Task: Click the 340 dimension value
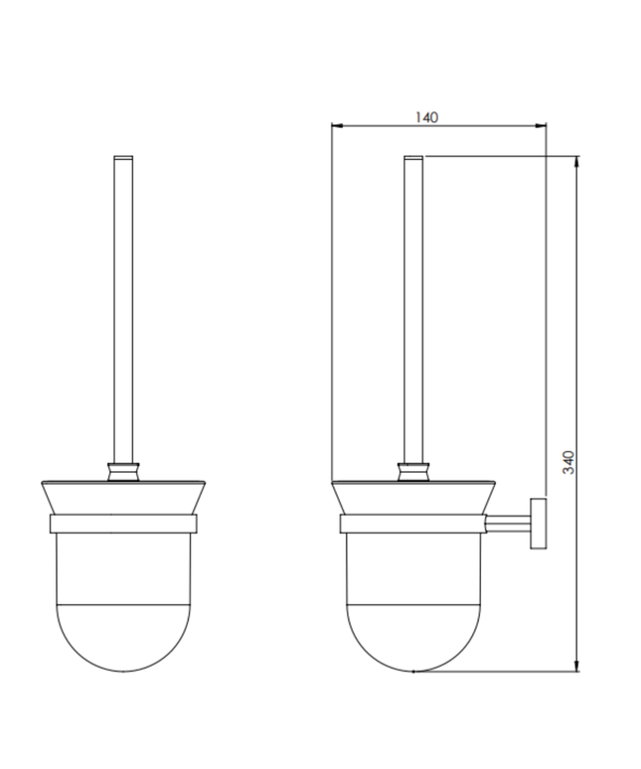pos(568,462)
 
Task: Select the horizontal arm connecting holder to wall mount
pos(508,522)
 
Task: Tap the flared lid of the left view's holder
pos(123,498)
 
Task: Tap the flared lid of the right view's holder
pos(412,498)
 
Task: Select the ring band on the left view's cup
pos(123,525)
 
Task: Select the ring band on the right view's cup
pos(412,525)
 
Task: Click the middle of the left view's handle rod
pos(123,308)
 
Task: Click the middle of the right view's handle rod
pos(412,308)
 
